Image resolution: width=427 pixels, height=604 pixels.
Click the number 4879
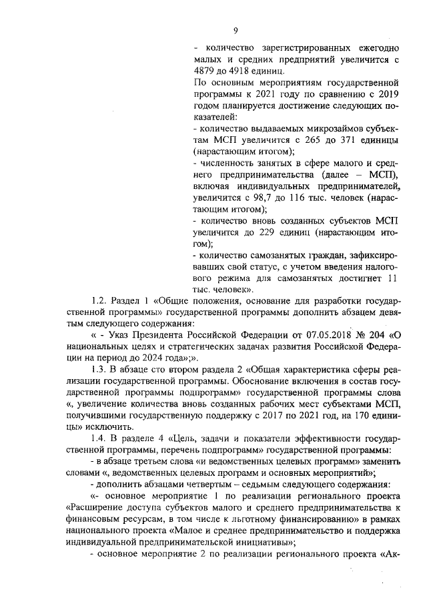[x=203, y=71]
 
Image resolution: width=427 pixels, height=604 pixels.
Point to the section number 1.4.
[x=99, y=439]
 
